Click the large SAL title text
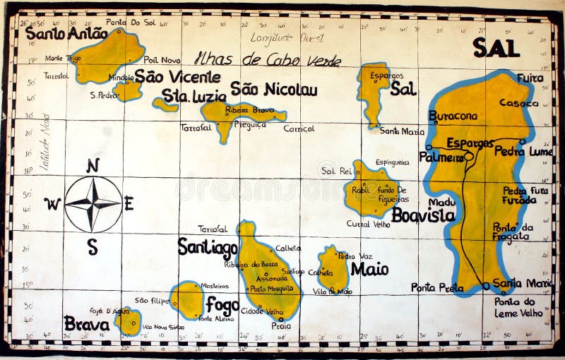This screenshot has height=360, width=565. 496,48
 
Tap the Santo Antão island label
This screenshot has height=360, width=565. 56,32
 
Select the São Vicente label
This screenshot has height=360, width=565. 177,76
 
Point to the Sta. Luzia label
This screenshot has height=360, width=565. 194,95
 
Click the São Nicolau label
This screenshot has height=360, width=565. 273,90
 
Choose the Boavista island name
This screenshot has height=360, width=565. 423,215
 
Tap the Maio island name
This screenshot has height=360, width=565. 369,269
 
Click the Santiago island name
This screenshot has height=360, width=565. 208,247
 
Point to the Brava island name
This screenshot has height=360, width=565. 86,324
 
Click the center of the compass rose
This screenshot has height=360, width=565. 93,204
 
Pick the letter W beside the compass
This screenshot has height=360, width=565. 52,204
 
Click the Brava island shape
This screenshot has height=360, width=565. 128,321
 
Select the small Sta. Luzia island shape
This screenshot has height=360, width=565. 165,105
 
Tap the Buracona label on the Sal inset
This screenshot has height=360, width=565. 453,116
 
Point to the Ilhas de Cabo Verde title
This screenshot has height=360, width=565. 268,59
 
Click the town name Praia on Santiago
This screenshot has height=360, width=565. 280,326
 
